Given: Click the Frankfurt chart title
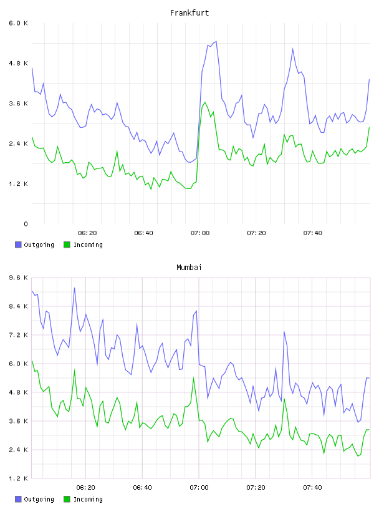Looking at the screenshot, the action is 189,13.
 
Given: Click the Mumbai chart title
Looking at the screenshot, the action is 189,268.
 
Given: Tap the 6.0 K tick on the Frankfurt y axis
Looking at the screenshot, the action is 19,23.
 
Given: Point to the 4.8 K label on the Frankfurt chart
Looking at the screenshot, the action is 19,63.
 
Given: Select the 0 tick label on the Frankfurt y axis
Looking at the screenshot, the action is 26,224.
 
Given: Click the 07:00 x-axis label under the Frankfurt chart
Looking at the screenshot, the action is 200,233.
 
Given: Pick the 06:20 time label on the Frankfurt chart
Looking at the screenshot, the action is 87,233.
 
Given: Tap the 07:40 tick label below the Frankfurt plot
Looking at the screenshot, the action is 312,233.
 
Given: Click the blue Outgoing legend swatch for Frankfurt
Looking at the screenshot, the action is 18,245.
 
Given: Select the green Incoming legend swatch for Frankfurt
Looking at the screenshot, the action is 67,245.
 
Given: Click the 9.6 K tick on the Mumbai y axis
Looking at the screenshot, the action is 19,278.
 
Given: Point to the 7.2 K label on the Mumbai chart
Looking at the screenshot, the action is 19,335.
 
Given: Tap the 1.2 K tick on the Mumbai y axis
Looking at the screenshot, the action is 19,478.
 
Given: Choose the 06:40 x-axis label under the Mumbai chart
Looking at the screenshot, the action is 143,488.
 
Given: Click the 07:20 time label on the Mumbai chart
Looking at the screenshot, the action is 256,488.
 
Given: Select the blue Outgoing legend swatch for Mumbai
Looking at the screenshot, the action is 18,499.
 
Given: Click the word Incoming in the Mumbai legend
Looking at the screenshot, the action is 88,500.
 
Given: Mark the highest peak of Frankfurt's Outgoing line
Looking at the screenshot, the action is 216,42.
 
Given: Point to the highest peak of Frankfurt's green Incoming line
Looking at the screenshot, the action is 204,102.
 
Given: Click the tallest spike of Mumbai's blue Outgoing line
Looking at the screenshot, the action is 74,288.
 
